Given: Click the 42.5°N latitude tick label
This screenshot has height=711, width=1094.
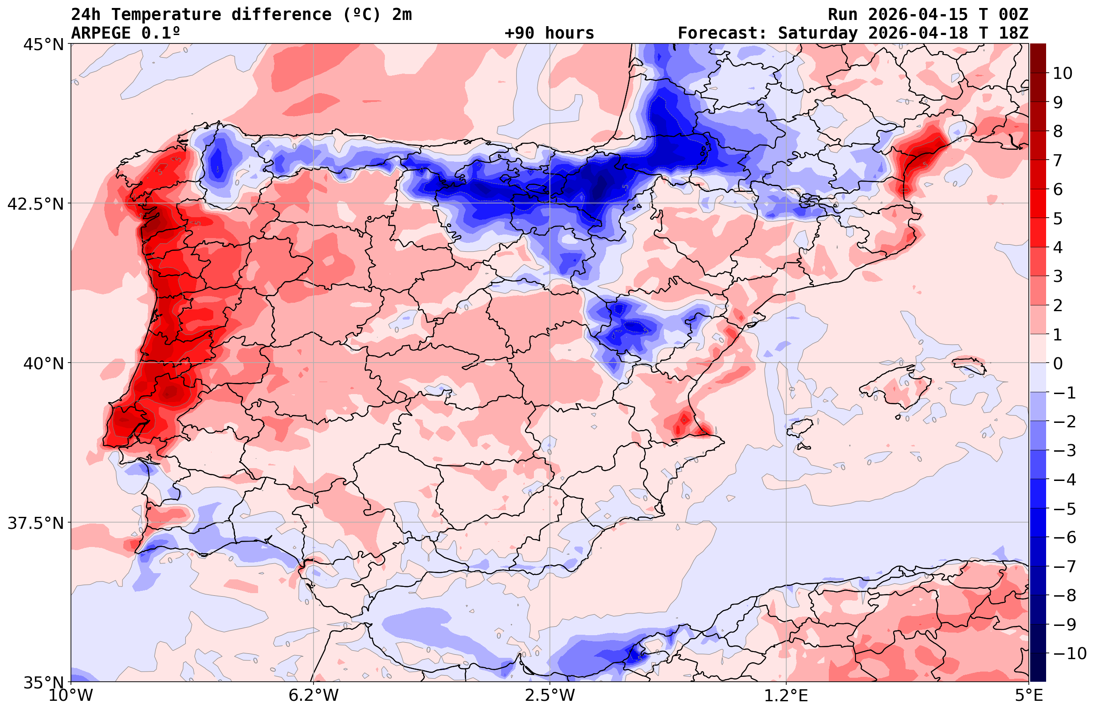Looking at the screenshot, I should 35,203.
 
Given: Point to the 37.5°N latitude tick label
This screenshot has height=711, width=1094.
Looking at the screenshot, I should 35,523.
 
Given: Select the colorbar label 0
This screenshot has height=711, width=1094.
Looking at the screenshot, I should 1058,363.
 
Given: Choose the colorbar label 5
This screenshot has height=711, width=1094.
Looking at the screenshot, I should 1058,219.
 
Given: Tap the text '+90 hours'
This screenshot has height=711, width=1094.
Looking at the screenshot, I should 549,33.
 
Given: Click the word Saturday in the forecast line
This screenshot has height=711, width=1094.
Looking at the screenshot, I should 818,33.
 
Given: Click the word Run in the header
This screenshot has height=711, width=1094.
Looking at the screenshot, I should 843,15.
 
